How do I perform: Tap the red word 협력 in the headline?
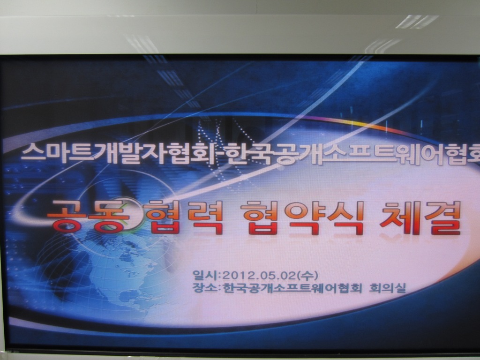point(184,217)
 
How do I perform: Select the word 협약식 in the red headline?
point(303,217)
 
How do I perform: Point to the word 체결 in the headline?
point(420,217)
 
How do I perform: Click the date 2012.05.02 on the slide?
point(259,276)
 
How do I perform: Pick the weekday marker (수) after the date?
point(307,276)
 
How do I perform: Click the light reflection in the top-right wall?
point(416,22)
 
